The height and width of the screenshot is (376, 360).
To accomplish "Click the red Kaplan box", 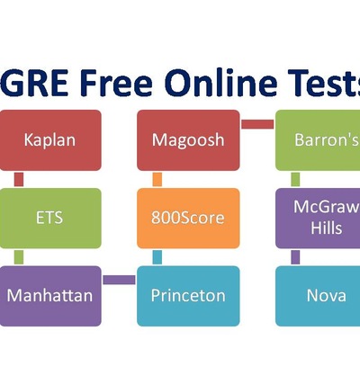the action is [50, 140].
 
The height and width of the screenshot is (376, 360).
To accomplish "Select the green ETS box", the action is [50, 218].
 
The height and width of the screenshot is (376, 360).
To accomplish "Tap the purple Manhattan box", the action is [50, 296].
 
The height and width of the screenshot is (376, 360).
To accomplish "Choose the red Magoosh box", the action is [188, 140].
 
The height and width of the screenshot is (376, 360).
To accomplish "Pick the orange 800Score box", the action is [188, 218].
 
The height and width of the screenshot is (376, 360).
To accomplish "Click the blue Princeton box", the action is [188, 296].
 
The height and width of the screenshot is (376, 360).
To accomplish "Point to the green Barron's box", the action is [318, 140].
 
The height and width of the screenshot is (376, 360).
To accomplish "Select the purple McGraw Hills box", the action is [318, 218].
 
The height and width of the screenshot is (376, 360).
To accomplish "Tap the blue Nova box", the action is [318, 296].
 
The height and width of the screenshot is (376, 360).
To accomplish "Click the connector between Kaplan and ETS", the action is [19, 179].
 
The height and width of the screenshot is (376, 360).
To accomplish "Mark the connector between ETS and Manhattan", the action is [19, 257].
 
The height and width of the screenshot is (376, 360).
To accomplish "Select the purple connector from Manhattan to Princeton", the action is [119, 280].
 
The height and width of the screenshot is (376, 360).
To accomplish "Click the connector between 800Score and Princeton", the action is [157, 257].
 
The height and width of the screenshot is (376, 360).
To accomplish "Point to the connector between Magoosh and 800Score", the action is [157, 179].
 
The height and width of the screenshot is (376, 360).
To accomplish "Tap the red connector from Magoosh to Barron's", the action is [257, 124].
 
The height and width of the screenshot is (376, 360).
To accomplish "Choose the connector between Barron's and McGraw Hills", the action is [295, 179].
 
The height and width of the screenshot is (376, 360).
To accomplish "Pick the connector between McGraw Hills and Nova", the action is [295, 257].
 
